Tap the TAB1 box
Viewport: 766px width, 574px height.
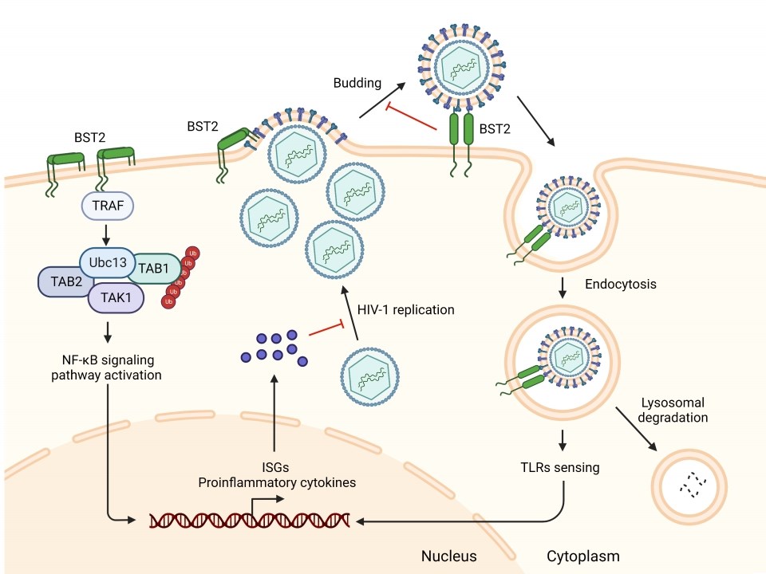tap(153, 269)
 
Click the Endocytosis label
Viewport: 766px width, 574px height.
tap(621, 284)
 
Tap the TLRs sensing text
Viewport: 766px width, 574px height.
tap(565, 468)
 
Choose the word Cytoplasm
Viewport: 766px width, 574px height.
tap(583, 555)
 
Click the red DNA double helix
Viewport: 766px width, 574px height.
tap(250, 521)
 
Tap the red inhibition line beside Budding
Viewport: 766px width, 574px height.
tap(412, 116)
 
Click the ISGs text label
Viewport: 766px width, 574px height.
tap(274, 468)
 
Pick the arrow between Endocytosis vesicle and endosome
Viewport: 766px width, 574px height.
tap(564, 285)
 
